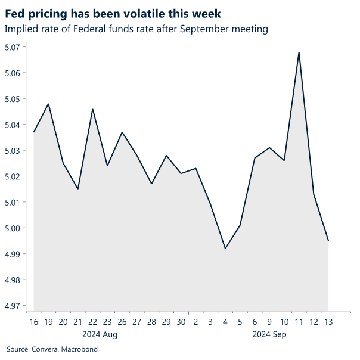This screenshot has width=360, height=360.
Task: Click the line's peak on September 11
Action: pyautogui.click(x=299, y=52)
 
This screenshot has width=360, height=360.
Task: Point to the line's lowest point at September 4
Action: pyautogui.click(x=225, y=249)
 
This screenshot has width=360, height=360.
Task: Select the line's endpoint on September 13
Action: pyautogui.click(x=328, y=241)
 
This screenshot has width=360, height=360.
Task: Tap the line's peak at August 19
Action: pyautogui.click(x=48, y=104)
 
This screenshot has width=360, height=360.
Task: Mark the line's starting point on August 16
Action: pyautogui.click(x=34, y=132)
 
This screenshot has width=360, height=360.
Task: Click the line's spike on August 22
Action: pyautogui.click(x=92, y=109)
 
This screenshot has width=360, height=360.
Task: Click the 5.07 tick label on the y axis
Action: pyautogui.click(x=14, y=47)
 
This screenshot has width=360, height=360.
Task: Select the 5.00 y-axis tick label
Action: pyautogui.click(x=14, y=228)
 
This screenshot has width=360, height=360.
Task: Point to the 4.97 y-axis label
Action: pyautogui.click(x=14, y=306)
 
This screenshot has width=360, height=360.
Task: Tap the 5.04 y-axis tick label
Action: pyautogui.click(x=14, y=125)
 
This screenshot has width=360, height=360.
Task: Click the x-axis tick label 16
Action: pyautogui.click(x=34, y=322)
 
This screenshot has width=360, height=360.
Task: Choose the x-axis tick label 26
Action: pyautogui.click(x=122, y=322)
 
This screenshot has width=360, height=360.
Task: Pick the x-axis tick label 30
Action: pyautogui.click(x=181, y=322)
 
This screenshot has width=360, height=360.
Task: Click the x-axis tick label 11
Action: pyautogui.click(x=299, y=322)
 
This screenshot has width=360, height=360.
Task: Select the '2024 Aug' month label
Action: pyautogui.click(x=100, y=334)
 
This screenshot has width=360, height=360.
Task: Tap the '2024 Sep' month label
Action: pyautogui.click(x=269, y=334)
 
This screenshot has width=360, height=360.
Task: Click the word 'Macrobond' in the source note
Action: pyautogui.click(x=79, y=349)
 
